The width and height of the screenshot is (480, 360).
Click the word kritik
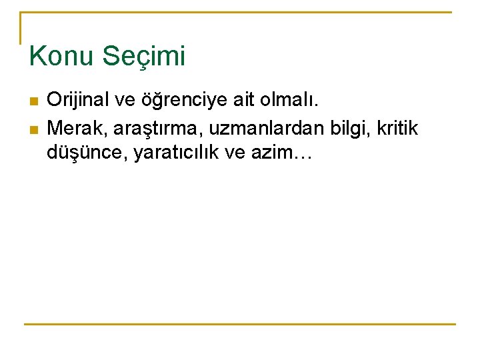[398, 127]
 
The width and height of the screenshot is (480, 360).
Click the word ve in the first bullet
[125, 101]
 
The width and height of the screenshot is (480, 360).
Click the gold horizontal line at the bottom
[240, 325]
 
